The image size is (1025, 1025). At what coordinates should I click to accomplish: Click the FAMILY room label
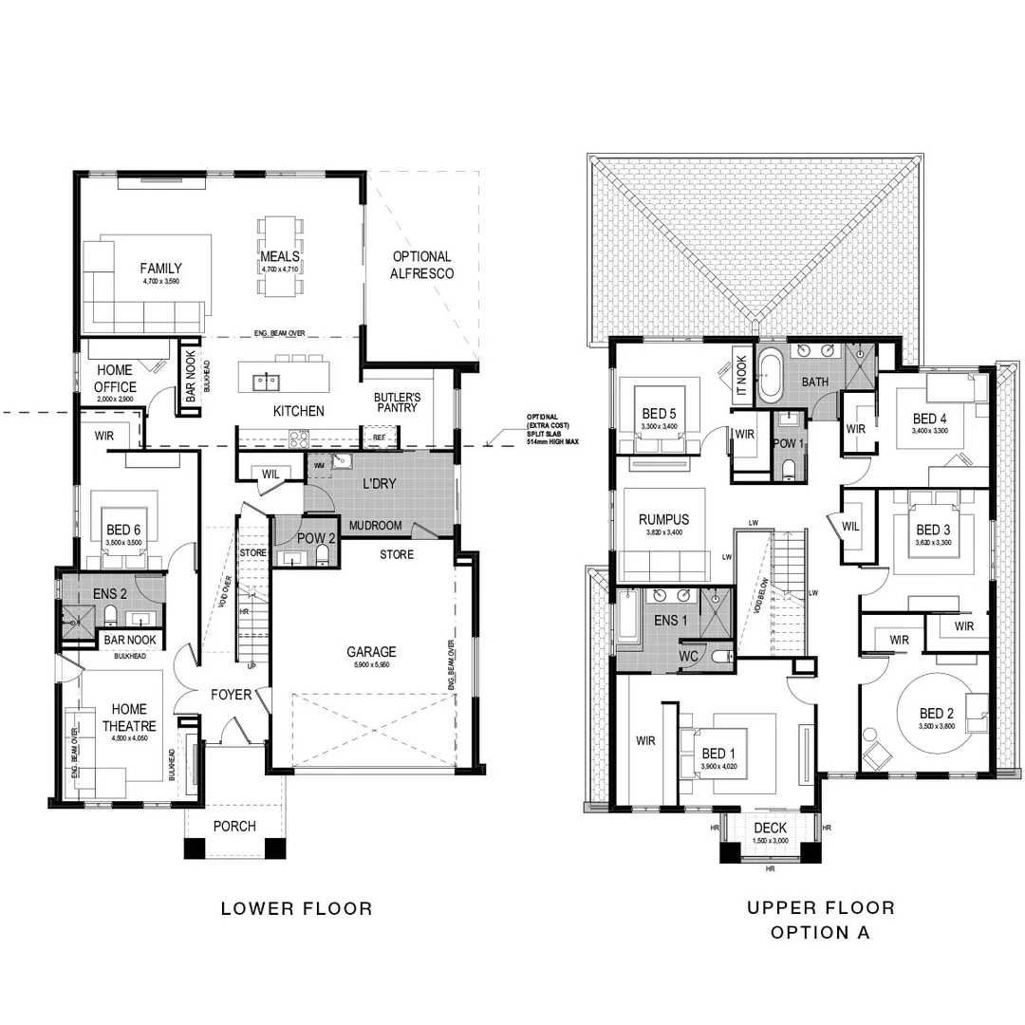pos(160,269)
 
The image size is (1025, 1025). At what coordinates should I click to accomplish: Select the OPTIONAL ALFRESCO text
pos(421,265)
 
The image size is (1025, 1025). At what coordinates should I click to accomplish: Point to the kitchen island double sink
pos(266,382)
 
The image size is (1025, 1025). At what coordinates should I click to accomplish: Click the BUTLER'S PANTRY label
pos(396,405)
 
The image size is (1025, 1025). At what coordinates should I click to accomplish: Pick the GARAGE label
pos(370,652)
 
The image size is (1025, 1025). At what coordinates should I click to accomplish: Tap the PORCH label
pos(233,826)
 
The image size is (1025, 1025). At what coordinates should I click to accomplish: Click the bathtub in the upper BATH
pos(769,377)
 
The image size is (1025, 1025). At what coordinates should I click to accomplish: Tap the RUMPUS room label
pos(663,519)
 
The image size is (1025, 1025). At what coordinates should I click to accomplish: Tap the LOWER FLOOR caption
pos(296,908)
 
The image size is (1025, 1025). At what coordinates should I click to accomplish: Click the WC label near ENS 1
pos(687,655)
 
